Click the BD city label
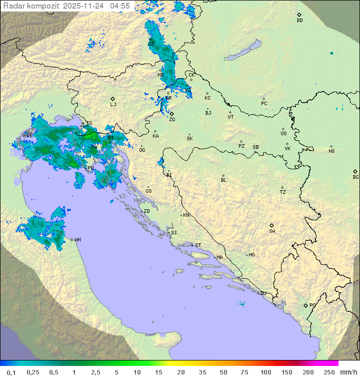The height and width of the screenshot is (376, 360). tap(299, 21)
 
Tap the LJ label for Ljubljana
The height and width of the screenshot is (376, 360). tap(113, 104)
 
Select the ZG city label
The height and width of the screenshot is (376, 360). tap(172, 120)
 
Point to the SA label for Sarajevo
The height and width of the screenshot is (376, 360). tap(272, 231)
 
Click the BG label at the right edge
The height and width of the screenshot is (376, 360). tap(355, 177)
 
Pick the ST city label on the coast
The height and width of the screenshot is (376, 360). tap(198, 245)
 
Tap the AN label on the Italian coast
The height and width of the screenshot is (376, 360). tap(77, 240)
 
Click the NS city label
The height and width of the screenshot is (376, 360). tap(331, 151)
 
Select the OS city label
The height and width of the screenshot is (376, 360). tap(283, 134)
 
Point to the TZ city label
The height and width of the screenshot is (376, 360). tap(283, 192)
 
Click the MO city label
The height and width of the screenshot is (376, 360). tap(251, 255)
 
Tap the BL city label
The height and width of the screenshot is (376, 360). tap(223, 180)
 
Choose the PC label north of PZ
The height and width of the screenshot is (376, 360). tap(264, 104)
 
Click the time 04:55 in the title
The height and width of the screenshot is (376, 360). tap(120, 6)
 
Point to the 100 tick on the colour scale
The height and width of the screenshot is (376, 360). tap(265, 372)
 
